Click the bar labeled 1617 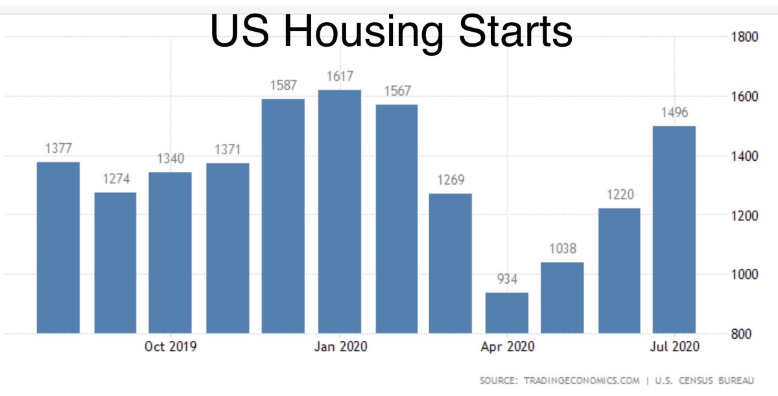pos(339,211)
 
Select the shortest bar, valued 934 pos(506,312)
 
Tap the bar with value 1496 pos(674,229)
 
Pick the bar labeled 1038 pos(561,297)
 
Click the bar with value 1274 pos(115,262)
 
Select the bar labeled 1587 pos(283,216)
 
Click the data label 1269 pos(451,180)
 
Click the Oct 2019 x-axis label pos(171,347)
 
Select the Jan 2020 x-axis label pos(340,347)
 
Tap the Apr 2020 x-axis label pos(508,347)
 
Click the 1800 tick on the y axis pos(745,37)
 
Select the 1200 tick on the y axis pos(745,215)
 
